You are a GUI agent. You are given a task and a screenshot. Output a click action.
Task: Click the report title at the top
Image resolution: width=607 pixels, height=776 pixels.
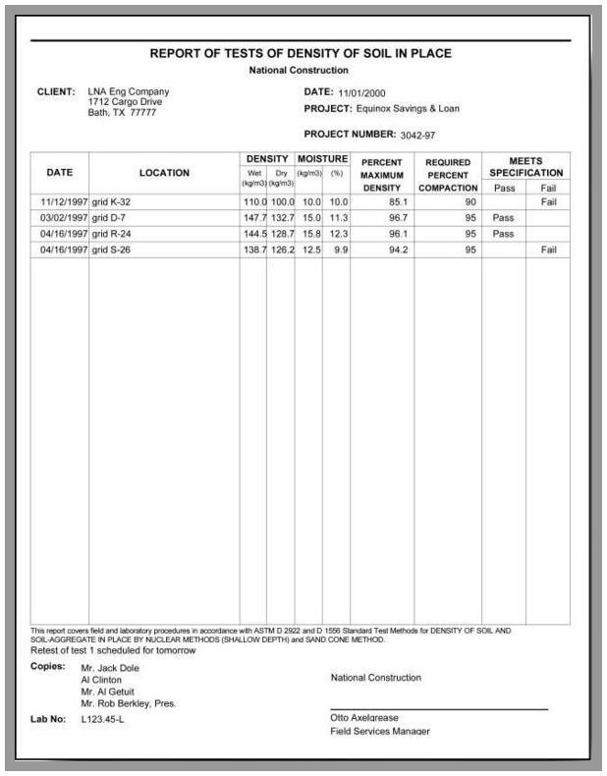tap(301, 54)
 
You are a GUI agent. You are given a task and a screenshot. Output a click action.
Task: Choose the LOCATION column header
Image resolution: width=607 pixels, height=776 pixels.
tap(164, 173)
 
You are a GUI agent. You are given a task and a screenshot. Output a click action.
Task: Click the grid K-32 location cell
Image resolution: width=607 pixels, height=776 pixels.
tap(113, 201)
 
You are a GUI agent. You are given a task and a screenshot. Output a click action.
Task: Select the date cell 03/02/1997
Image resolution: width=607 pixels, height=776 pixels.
tap(59, 218)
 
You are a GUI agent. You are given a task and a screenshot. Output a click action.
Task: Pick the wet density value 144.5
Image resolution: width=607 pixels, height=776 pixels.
tap(253, 235)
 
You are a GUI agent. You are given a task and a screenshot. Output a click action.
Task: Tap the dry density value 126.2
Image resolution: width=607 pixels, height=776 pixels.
tap(281, 250)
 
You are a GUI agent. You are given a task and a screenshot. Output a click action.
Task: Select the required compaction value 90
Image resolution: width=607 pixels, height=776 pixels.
tap(470, 201)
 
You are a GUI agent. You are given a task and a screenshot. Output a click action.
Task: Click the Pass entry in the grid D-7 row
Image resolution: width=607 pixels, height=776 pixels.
tap(503, 218)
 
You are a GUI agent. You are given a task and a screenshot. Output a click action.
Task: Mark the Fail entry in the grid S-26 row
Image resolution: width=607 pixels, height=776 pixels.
tap(548, 250)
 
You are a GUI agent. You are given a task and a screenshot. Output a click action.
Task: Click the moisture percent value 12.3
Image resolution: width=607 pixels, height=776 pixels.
tap(338, 235)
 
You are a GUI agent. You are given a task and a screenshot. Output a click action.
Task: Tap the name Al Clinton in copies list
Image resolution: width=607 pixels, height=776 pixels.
tap(101, 680)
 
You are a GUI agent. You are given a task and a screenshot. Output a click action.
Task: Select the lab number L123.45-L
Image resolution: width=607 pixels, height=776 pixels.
tap(102, 720)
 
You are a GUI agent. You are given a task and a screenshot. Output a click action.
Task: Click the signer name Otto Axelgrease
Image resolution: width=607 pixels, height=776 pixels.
tap(364, 718)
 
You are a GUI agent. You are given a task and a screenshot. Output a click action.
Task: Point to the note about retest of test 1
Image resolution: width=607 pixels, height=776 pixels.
tap(113, 650)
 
